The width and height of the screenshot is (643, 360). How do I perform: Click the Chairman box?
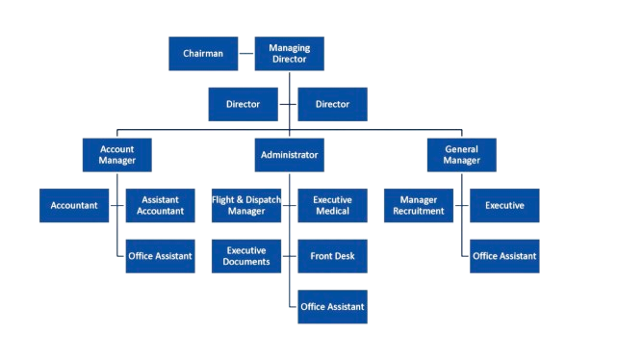[203, 53]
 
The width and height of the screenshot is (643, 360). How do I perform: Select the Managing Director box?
[289, 53]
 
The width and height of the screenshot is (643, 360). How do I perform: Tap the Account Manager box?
[116, 155]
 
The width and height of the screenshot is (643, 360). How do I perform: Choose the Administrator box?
[289, 154]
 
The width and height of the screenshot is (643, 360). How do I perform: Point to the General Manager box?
[461, 155]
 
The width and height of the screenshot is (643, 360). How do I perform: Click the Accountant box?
[74, 205]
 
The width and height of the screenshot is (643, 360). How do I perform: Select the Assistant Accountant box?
[160, 205]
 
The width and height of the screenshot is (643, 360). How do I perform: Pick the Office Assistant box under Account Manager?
[160, 256]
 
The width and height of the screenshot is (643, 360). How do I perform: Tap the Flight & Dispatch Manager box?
[247, 205]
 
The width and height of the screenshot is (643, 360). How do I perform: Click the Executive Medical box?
[332, 205]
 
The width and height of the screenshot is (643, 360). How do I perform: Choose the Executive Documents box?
[247, 256]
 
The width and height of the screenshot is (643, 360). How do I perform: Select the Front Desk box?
[332, 256]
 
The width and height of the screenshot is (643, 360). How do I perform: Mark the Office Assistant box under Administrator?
[332, 306]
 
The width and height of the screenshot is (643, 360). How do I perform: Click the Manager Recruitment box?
[419, 205]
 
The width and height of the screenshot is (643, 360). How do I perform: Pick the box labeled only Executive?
[503, 205]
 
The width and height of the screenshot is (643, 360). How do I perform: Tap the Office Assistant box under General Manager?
[503, 256]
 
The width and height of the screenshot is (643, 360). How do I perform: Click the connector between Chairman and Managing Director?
[245, 53]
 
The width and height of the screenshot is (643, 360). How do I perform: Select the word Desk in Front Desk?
[345, 256]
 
